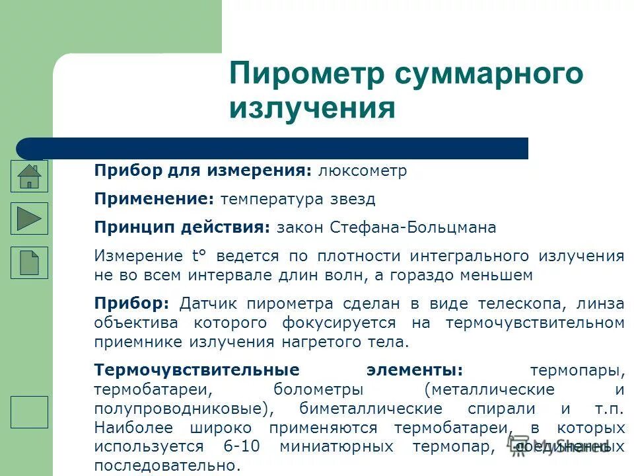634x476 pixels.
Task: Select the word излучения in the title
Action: coord(312,108)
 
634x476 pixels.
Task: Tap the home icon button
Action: coord(29,176)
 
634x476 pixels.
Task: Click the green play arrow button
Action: coord(29,218)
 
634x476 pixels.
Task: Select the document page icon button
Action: coord(29,262)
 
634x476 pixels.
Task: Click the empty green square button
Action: coord(29,412)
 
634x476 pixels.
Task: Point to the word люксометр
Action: coord(363,171)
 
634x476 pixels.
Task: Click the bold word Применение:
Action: coord(154,199)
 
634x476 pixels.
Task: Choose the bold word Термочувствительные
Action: coord(196,370)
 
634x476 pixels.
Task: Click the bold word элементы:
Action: coord(415,370)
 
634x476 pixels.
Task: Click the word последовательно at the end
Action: coord(164,465)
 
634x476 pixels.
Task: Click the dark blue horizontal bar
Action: coord(272,148)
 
